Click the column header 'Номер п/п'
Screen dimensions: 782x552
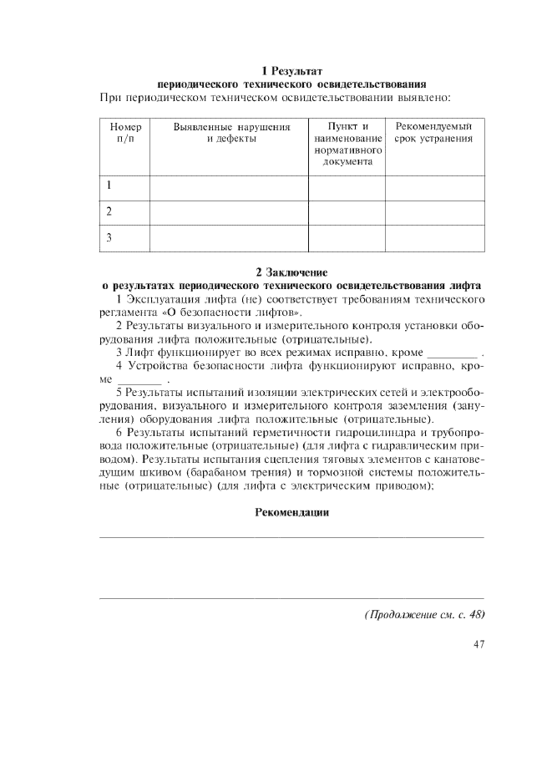tap(124, 133)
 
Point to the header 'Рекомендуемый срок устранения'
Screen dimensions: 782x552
tap(433, 133)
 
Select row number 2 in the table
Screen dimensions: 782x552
tap(109, 212)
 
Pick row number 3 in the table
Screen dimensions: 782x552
tap(109, 238)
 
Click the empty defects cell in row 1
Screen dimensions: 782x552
tap(228, 187)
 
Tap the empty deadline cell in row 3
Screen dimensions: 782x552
tap(433, 238)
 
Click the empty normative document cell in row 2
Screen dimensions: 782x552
tap(347, 212)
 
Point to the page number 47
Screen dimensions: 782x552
tap(478, 644)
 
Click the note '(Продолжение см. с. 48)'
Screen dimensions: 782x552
tap(423, 615)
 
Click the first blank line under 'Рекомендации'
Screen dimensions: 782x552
tap(291, 536)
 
